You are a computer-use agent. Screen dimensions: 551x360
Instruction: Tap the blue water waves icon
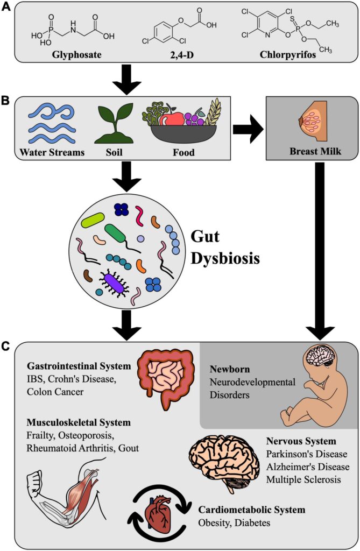tap(52, 123)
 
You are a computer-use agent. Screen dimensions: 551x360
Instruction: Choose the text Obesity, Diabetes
tap(233, 522)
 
